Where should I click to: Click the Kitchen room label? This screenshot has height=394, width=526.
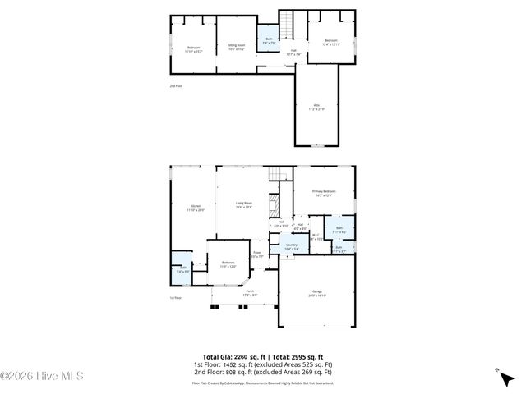pyautogui.click(x=196, y=208)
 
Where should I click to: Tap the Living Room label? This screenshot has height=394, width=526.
pyautogui.click(x=244, y=204)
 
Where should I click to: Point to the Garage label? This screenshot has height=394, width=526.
pyautogui.click(x=316, y=292)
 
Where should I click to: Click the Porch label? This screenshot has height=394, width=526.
pyautogui.click(x=250, y=292)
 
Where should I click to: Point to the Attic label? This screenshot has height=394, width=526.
pyautogui.click(x=316, y=107)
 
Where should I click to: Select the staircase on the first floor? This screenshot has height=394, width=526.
pyautogui.click(x=279, y=174)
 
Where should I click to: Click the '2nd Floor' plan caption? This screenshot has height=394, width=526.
pyautogui.click(x=176, y=85)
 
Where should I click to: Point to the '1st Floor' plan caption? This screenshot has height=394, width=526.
pyautogui.click(x=175, y=298)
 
